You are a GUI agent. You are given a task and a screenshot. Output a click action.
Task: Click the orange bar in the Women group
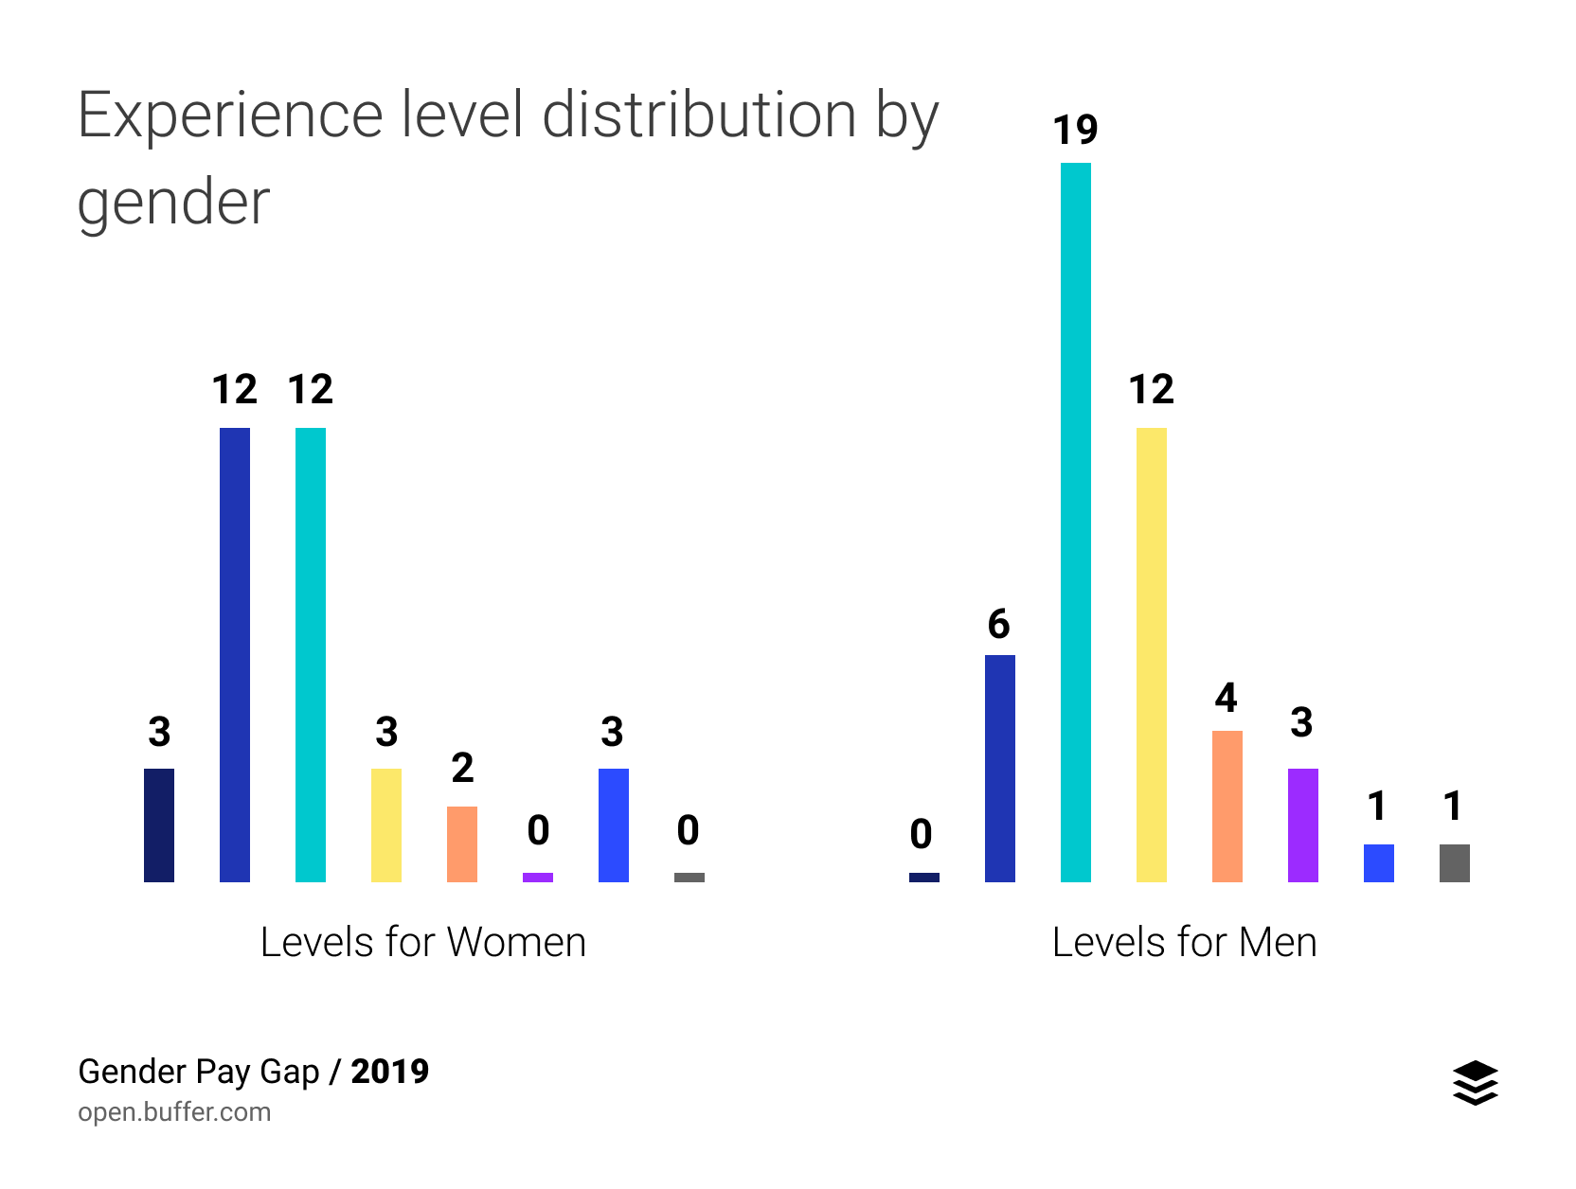point(461,844)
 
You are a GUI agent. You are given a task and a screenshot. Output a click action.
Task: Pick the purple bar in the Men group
point(1302,825)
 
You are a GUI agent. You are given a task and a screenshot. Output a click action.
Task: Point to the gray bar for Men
point(1454,863)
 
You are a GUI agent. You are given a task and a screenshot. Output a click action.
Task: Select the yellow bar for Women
point(385,825)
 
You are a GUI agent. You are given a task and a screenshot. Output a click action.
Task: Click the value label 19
point(1075,131)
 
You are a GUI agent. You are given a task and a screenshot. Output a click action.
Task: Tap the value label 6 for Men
point(998,625)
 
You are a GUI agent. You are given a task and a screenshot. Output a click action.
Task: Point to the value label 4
point(1226,699)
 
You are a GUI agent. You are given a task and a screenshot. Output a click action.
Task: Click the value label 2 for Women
point(462,769)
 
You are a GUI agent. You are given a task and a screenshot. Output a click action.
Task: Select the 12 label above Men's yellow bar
point(1151,390)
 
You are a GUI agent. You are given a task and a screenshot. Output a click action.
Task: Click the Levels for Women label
point(422,943)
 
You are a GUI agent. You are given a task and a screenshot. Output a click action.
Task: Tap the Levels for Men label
point(1184,943)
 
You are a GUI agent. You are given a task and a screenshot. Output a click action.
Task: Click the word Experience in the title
point(229,115)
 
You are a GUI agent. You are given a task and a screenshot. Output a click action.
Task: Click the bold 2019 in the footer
point(389,1072)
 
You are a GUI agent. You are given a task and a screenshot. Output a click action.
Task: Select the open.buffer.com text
point(174,1111)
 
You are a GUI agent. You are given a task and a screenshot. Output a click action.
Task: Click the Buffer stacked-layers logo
point(1475,1083)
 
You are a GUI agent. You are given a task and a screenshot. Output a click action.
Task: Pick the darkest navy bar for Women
point(158,825)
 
